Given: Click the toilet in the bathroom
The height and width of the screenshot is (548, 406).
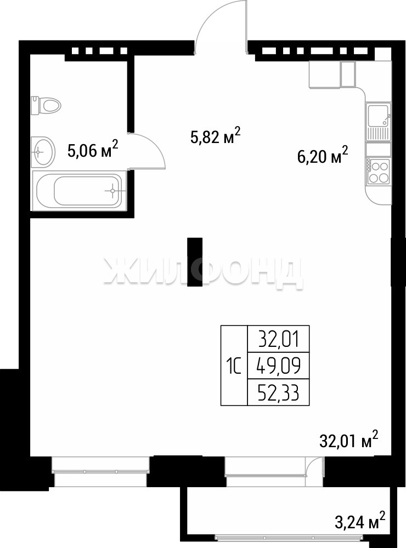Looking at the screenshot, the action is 46,105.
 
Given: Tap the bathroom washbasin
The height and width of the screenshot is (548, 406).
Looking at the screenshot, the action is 43,152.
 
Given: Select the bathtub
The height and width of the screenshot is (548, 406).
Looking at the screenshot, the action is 79,191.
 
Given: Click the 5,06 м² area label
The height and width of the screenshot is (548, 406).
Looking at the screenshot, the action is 93,150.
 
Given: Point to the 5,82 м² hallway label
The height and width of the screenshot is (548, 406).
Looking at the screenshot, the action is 216,135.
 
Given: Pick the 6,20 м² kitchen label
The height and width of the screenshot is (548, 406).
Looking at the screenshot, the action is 323,156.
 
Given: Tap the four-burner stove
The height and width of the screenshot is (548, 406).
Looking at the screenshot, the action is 379,172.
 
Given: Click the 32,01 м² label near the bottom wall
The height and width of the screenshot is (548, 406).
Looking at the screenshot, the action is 349,439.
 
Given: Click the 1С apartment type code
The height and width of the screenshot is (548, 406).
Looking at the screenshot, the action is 234,367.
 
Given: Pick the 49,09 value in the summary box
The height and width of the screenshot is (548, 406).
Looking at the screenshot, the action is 279,366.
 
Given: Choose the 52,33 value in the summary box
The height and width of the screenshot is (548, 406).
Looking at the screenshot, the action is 279,393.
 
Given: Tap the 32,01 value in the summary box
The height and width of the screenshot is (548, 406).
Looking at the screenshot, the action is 279,339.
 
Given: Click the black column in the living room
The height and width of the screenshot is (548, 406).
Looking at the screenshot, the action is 195,262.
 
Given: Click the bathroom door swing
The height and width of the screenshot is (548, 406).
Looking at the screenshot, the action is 156,143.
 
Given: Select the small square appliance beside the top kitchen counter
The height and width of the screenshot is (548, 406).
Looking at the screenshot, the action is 348,74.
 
